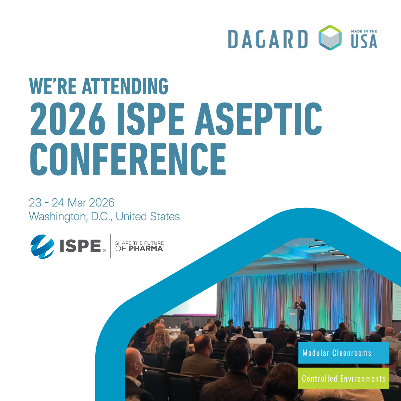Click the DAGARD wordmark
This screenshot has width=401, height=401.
268,39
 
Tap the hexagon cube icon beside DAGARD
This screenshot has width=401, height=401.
330,38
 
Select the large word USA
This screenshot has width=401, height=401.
364,41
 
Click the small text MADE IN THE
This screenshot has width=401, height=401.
364,31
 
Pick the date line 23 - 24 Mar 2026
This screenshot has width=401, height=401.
72,203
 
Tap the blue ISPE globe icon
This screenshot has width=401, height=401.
42,247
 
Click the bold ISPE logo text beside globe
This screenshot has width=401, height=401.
81,246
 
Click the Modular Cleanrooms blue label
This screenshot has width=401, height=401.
344,353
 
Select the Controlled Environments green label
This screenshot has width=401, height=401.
344,378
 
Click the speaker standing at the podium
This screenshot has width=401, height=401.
301,306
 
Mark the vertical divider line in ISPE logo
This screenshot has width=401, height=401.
111,246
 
